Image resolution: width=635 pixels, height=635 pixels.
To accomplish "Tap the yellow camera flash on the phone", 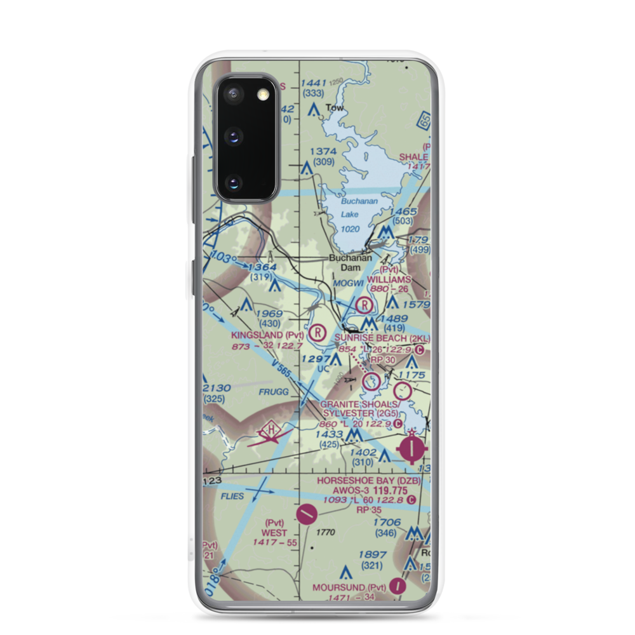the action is pyautogui.click(x=262, y=95).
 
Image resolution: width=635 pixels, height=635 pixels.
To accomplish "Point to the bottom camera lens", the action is pyautogui.click(x=234, y=184).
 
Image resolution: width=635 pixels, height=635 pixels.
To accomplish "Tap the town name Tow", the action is pyautogui.click(x=334, y=108).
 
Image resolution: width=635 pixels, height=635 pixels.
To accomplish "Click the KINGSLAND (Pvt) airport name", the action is pyautogui.click(x=267, y=335).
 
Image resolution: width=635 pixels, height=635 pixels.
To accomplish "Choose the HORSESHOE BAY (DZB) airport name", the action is pyautogui.click(x=370, y=480).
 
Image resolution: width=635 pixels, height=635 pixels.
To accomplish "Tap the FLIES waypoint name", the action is pyautogui.click(x=233, y=496).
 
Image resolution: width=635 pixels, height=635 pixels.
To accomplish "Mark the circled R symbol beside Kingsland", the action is pyautogui.click(x=317, y=331).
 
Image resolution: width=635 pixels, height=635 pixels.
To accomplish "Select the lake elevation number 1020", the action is pyautogui.click(x=350, y=229).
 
